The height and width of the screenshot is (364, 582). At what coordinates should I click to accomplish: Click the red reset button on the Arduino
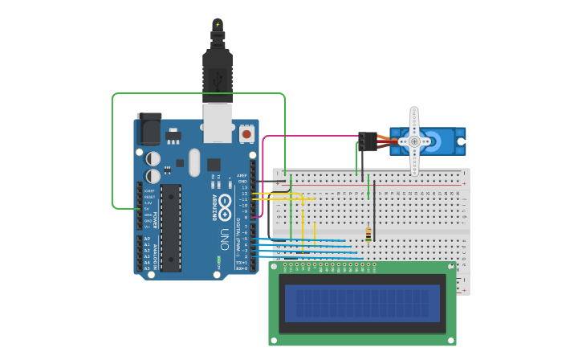coord(246,133)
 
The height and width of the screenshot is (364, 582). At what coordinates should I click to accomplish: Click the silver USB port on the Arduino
coord(217,123)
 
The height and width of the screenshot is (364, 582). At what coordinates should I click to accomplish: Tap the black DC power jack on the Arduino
coord(149,129)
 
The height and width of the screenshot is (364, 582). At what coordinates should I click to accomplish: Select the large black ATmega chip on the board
coord(170,227)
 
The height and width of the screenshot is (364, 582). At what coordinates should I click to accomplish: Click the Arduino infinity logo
coord(225,203)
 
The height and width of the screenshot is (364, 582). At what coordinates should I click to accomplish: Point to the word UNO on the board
coord(225,239)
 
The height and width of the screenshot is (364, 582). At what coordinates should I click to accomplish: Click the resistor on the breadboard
coord(368,234)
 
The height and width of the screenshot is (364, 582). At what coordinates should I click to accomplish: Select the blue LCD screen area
coord(362,303)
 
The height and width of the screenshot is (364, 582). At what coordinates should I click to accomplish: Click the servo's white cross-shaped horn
coord(414,141)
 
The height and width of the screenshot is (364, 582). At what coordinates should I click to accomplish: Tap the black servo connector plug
coord(368,141)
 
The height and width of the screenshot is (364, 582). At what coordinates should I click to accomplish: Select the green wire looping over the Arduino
coord(197,94)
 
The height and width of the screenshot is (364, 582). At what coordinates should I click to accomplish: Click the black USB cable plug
coord(218,72)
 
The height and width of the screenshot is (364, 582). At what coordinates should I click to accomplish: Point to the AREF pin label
coord(242,175)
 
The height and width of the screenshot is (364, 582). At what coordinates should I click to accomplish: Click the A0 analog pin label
coord(147,239)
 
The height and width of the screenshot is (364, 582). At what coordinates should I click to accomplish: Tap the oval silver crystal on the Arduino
coord(194,162)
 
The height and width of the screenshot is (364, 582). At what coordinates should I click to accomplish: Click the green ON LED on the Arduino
coord(218,260)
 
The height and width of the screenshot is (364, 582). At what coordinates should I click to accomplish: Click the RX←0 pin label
coord(241,268)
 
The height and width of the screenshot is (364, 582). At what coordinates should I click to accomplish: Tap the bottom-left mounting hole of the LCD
coord(274,341)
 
